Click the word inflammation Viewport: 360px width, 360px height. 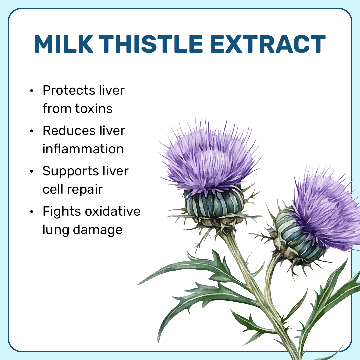click(83, 149)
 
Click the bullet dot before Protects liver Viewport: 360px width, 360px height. click(32, 91)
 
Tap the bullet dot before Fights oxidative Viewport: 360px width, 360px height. click(32, 212)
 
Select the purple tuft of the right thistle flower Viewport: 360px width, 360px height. click(323, 210)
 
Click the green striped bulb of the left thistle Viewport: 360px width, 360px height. click(214, 203)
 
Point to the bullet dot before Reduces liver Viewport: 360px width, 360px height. click(32, 131)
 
